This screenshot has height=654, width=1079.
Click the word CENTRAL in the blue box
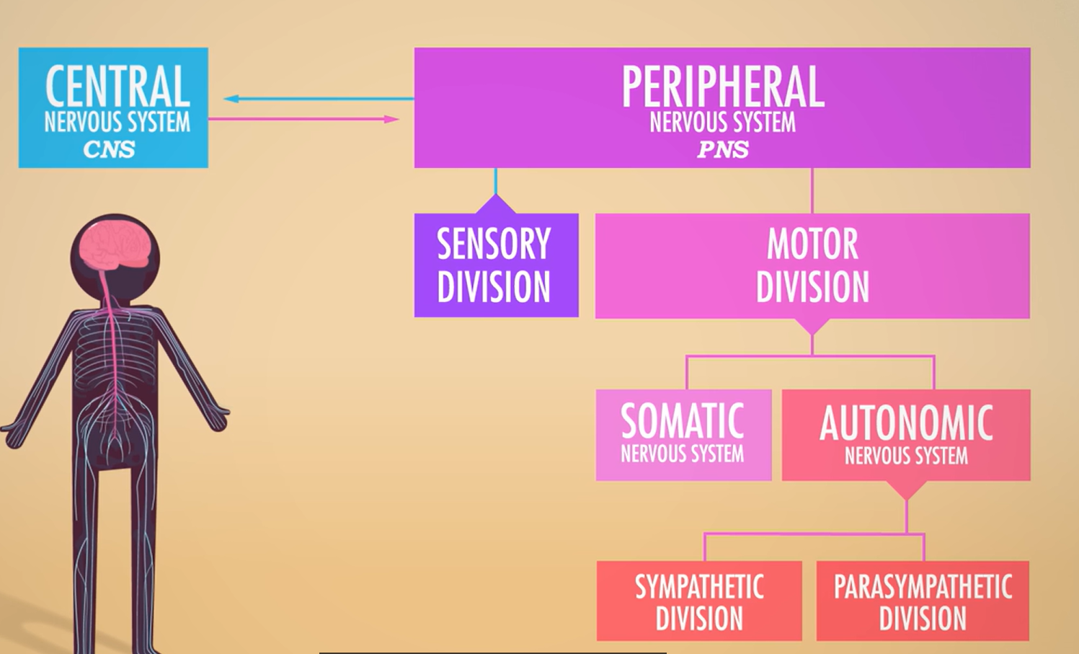[117, 87]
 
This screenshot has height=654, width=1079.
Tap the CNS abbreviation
[109, 149]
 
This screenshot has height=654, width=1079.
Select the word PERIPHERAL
[722, 87]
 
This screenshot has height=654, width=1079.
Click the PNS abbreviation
[722, 149]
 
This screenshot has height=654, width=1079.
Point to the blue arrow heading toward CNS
[317, 99]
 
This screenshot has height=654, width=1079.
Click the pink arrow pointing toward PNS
[303, 119]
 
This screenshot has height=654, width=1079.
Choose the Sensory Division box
[496, 265]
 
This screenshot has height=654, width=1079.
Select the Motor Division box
[812, 265]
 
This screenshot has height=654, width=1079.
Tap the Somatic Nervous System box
[683, 435]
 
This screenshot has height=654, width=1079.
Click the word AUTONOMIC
[906, 423]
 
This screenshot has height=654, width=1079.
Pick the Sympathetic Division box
[699, 601]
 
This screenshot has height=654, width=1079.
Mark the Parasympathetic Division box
[923, 601]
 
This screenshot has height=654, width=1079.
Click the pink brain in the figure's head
[116, 244]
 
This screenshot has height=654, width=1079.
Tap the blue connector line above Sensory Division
[496, 182]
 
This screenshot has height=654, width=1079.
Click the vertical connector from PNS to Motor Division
[812, 190]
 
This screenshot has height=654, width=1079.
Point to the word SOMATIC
[682, 421]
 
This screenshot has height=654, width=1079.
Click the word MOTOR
[812, 244]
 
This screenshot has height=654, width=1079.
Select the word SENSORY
[494, 244]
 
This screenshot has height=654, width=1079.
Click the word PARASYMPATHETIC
[923, 587]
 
